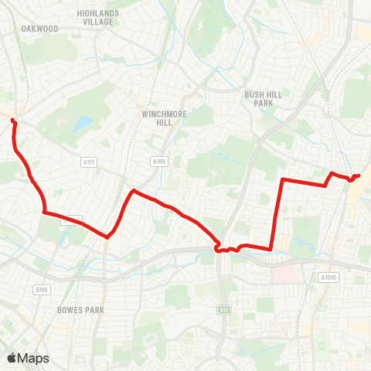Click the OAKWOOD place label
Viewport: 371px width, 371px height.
[40, 29]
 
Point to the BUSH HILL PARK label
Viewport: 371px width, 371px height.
[259, 98]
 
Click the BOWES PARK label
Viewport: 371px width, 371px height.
[80, 309]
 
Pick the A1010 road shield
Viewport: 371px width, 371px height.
[328, 277]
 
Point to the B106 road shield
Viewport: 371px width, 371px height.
[41, 290]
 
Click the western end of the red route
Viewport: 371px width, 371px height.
[12, 119]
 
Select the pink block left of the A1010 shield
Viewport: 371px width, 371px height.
[285, 273]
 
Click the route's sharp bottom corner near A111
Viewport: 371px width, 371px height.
[107, 237]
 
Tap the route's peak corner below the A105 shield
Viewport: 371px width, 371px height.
[134, 190]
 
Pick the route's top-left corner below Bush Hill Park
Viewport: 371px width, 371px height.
[281, 180]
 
